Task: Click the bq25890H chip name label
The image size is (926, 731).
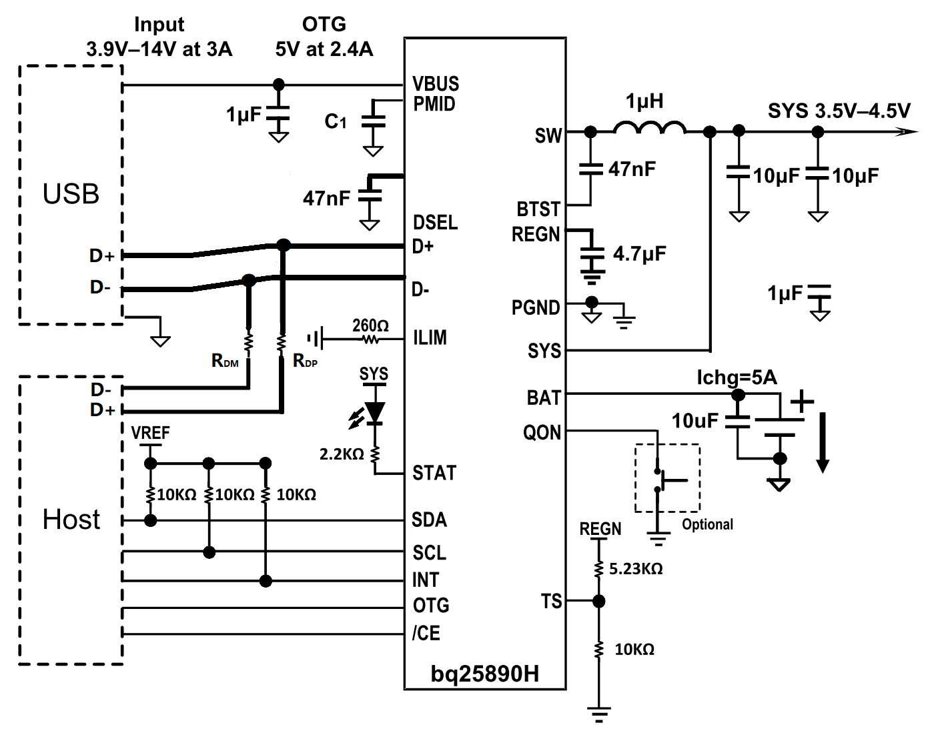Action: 484,674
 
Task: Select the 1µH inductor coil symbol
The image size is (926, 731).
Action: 649,129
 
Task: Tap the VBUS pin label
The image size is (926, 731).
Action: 436,84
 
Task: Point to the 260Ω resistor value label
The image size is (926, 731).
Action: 370,325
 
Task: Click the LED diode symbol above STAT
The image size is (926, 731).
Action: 375,413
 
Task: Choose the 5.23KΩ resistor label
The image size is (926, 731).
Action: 636,569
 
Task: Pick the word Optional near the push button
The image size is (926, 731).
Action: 707,524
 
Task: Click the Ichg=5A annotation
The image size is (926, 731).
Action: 737,378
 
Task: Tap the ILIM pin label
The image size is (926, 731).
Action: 430,338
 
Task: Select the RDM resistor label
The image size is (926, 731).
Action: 225,361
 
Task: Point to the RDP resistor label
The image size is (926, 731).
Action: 305,361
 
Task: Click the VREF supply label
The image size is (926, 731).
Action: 150,433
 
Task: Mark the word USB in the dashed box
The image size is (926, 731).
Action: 71,194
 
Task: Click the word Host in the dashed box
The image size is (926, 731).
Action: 71,520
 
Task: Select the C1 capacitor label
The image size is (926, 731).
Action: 336,121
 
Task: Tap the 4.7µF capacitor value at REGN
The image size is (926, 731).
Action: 639,254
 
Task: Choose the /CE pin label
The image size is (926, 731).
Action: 426,633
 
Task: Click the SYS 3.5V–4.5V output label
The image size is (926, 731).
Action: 839,111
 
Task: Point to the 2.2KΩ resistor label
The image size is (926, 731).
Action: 342,454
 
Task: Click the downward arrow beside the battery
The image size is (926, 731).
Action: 823,442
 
